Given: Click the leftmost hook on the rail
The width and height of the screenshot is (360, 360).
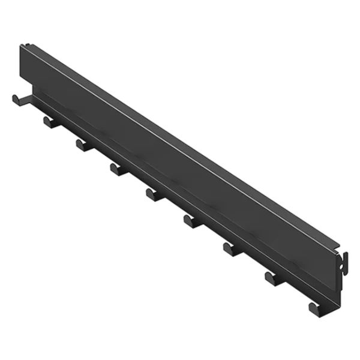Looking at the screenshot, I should tap(19, 99).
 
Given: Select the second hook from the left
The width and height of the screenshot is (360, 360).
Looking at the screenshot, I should tap(51, 122).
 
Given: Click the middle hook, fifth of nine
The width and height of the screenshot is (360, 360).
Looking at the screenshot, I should tap(154, 194).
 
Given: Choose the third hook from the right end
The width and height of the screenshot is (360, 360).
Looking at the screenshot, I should tap(232, 249).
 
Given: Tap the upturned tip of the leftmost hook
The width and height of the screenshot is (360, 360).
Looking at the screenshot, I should tap(14, 98).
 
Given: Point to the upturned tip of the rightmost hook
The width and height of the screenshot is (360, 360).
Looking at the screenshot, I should tap(311, 307).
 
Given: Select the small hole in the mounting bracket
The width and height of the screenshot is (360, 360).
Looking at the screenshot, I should tap(344, 259).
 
